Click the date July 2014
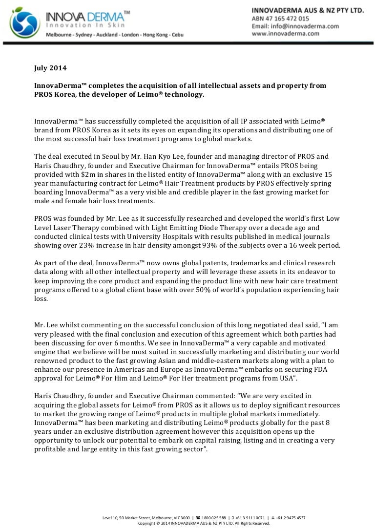pos(50,69)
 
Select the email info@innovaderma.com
pos(305,26)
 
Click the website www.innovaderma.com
pos(286,34)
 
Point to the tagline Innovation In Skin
pos(85,25)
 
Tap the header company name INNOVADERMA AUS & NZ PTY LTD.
pos(308,10)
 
